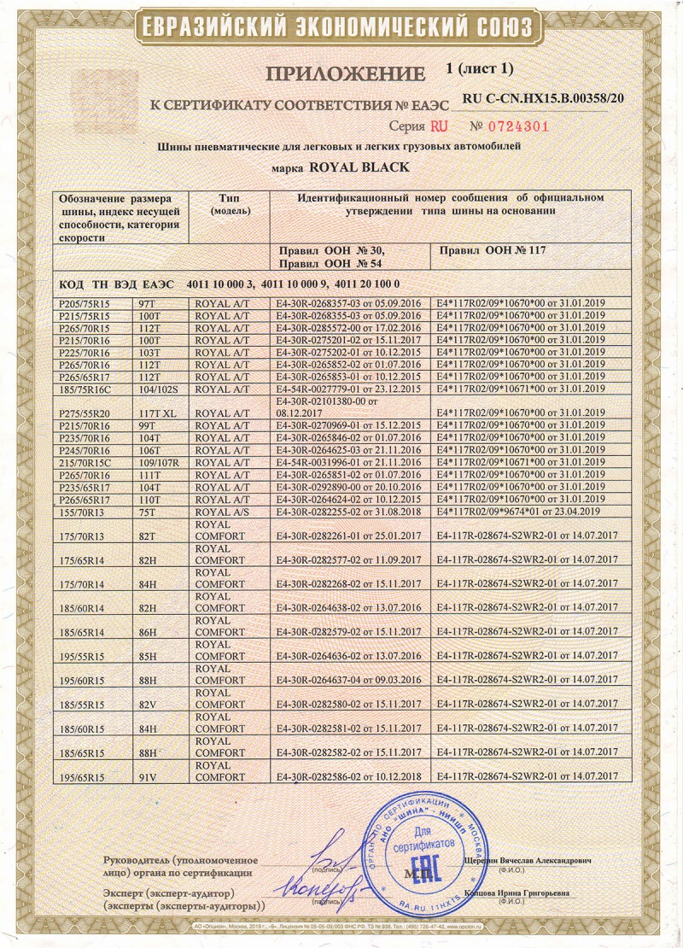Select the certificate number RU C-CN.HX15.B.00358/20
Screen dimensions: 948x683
tap(543, 99)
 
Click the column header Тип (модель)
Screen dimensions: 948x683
tap(228, 203)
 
